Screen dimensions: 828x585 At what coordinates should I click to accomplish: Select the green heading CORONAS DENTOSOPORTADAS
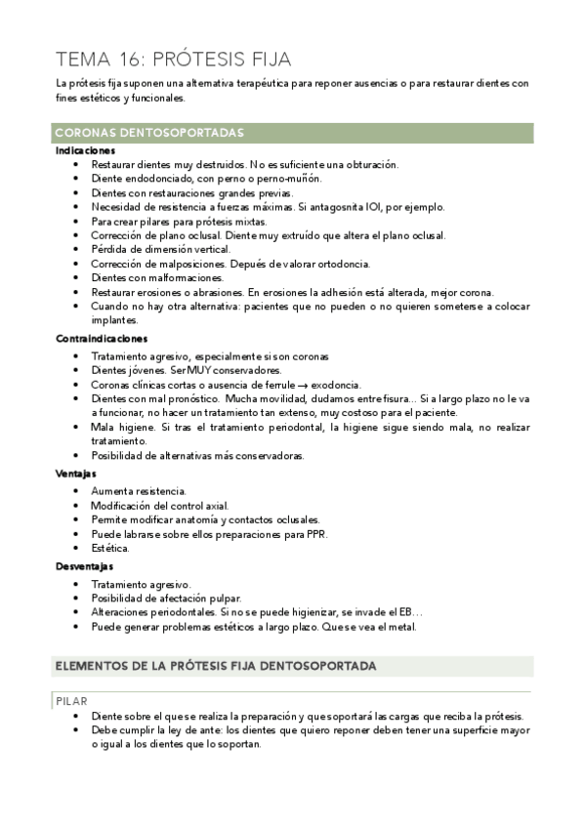point(149,133)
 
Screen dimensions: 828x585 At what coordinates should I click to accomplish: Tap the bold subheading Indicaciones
point(86,151)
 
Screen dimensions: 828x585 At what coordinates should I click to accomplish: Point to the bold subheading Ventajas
point(75,473)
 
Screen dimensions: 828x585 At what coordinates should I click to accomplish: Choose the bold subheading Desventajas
point(84,565)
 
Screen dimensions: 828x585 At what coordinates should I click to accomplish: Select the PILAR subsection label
point(73,701)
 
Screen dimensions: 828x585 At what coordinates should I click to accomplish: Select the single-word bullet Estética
point(109,548)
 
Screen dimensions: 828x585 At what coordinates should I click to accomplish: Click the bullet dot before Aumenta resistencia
point(76,490)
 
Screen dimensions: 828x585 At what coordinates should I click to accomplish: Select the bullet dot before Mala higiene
point(76,428)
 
